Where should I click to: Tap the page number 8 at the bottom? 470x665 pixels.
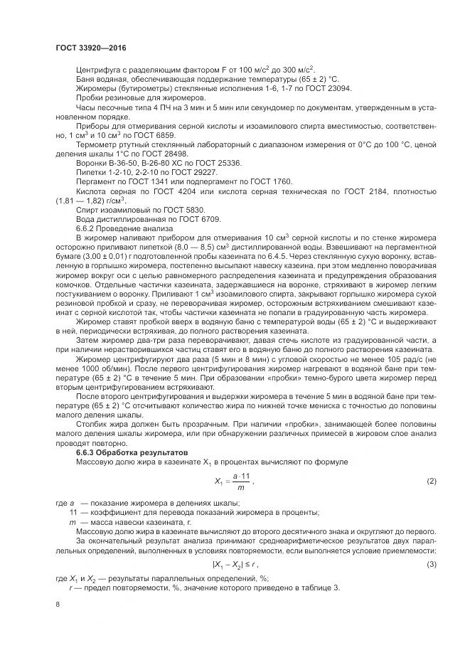click(x=57, y=604)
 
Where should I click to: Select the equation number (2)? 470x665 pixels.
click(x=431, y=482)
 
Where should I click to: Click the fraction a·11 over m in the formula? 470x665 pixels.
click(x=242, y=482)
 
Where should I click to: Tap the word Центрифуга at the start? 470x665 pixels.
click(x=97, y=70)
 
